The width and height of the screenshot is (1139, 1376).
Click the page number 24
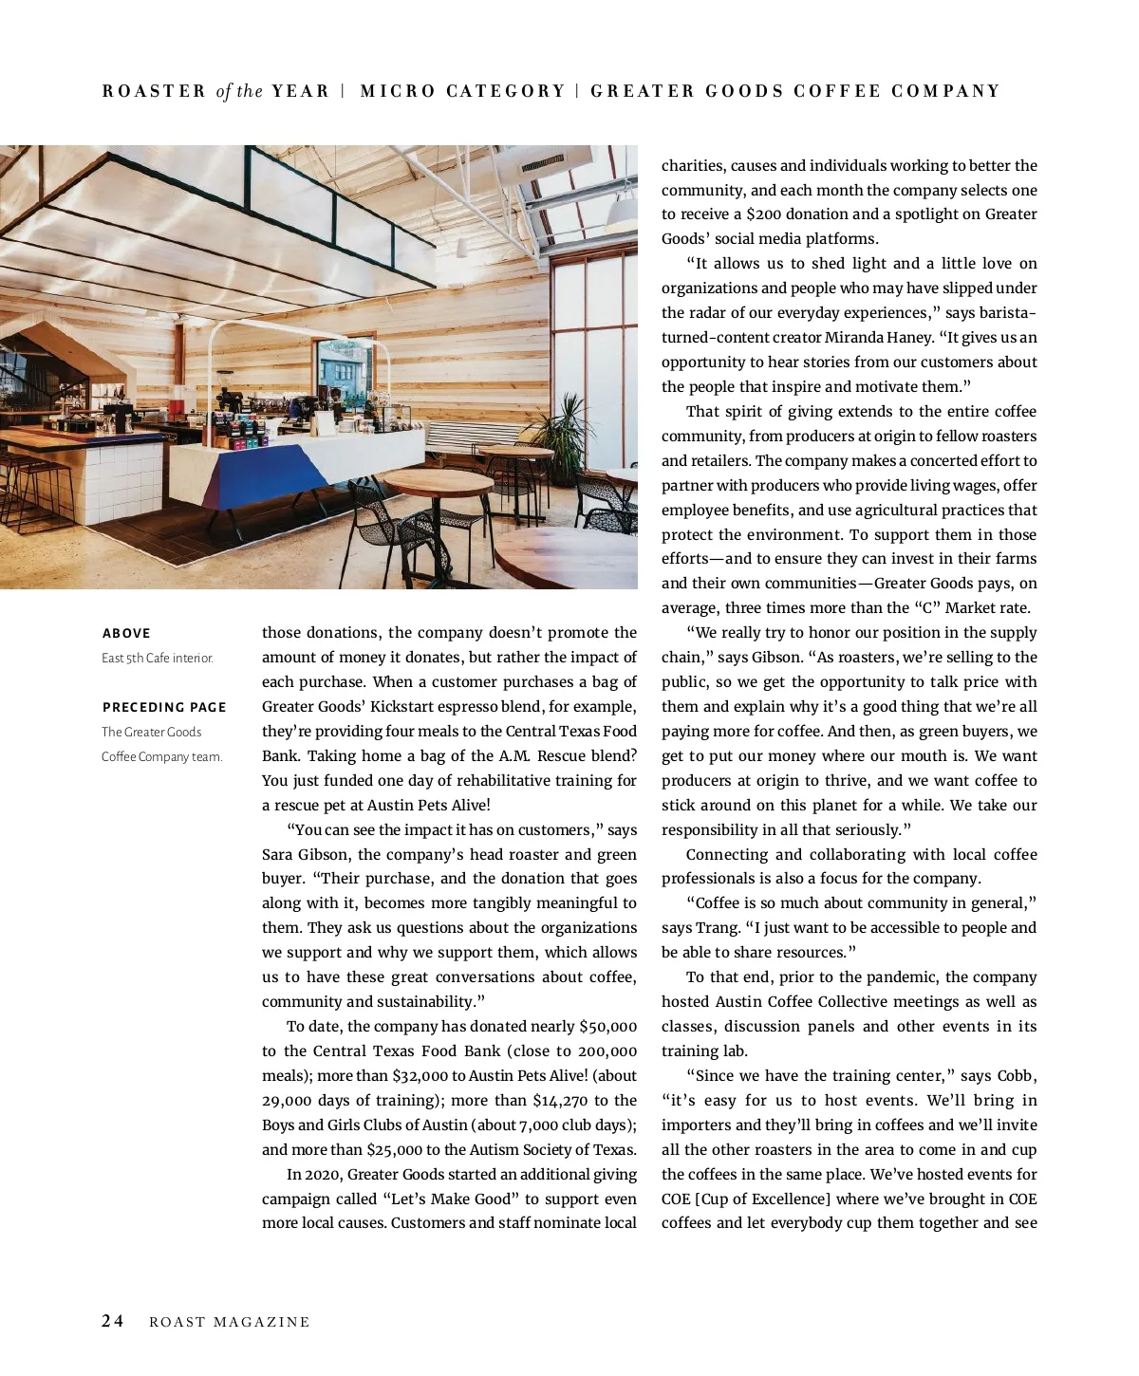(x=113, y=1321)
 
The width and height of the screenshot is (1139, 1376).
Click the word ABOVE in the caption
(x=126, y=633)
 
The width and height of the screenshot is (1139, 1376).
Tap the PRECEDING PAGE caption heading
(x=164, y=707)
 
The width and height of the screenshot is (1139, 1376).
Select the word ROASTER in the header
(x=154, y=91)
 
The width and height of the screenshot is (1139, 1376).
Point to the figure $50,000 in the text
(x=607, y=1026)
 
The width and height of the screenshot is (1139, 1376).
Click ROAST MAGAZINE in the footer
(x=230, y=1322)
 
